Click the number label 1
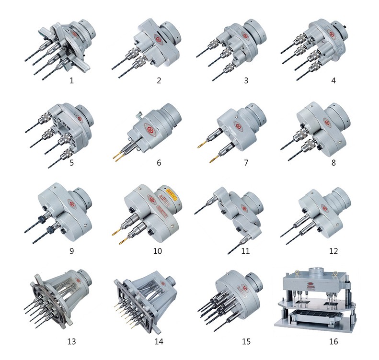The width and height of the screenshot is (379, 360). point(71,80)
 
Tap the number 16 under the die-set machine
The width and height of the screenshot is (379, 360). point(333,341)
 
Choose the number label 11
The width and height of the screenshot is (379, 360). point(246,251)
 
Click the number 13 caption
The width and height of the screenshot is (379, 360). point(71,341)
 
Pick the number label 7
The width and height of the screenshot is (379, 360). point(246,163)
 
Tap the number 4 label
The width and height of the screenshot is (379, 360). point(333,80)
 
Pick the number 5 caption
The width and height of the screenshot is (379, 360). point(71,163)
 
